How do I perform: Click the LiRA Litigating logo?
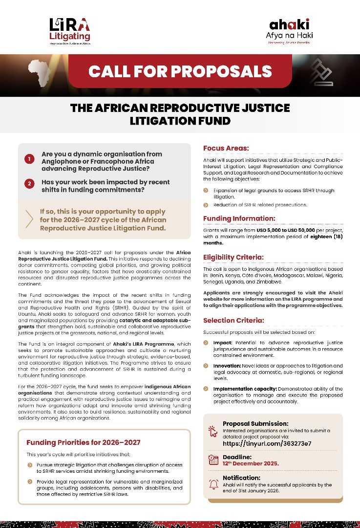click(x=69, y=30)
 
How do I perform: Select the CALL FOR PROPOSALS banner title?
click(x=180, y=71)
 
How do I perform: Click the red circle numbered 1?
click(x=29, y=158)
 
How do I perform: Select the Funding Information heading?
click(x=239, y=218)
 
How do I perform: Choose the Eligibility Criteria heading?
click(x=233, y=257)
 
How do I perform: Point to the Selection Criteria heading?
click(x=233, y=320)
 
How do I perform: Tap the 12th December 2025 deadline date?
click(x=251, y=463)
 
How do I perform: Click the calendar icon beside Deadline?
click(x=213, y=460)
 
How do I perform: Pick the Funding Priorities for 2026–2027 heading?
click(x=83, y=442)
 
